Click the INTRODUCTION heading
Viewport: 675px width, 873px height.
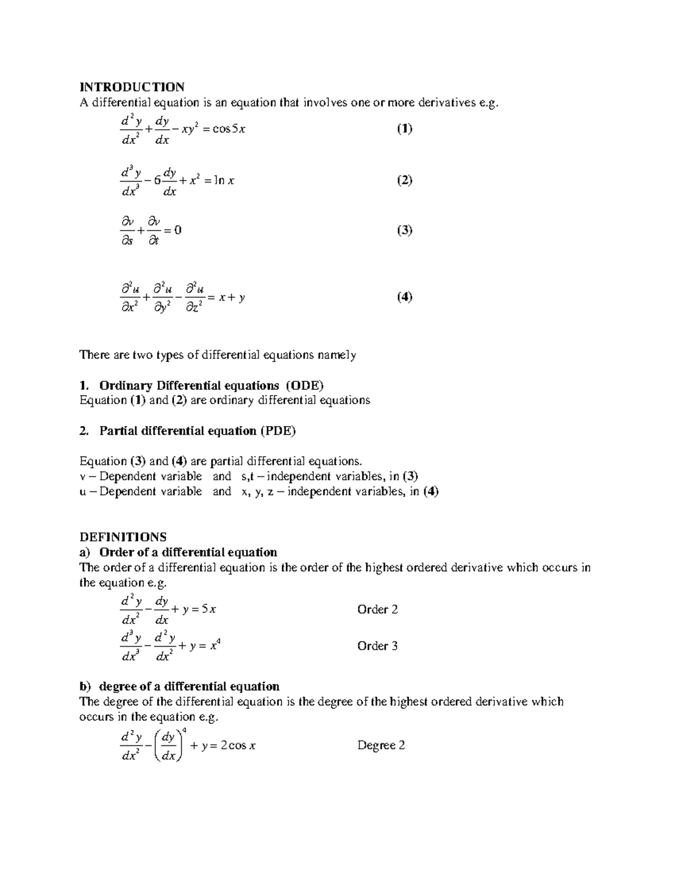pos(132,87)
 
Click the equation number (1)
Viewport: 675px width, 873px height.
pos(404,129)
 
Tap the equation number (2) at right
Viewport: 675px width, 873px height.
pos(404,180)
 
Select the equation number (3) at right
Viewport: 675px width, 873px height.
pos(404,230)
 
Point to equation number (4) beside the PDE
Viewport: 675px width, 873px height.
pos(404,297)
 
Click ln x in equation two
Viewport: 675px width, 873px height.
pos(225,181)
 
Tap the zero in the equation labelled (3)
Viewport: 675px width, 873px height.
pos(178,230)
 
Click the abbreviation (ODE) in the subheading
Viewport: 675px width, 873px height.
pos(304,386)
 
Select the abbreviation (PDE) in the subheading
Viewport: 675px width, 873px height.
pos(277,431)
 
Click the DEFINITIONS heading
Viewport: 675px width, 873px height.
pos(123,537)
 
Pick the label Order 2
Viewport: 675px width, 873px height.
pos(377,609)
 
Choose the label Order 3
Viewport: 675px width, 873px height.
pos(377,646)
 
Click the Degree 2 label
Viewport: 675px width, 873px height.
pos(381,745)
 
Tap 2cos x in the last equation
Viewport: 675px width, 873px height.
pos(238,746)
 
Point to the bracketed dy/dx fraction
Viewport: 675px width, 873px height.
pos(169,746)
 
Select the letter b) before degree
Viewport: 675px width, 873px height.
pos(84,686)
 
